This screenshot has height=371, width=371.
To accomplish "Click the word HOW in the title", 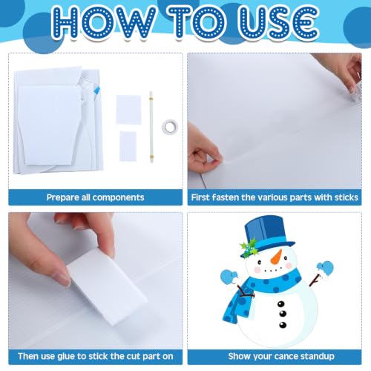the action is (103, 22).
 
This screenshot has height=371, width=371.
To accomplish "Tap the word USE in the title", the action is (279, 22).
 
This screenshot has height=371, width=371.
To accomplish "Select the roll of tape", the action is (170, 127).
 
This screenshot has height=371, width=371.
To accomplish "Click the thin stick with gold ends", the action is (151, 127).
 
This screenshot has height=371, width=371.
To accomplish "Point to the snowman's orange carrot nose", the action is (277, 257).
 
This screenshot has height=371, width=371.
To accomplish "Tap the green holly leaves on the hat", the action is (249, 247).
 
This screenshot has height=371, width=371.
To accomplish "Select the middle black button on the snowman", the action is (283, 314).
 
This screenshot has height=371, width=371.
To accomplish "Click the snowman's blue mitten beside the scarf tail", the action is (229, 277).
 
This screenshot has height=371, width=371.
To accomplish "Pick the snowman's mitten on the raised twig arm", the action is (325, 269).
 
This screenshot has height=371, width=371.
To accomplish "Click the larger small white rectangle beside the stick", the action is (128, 110).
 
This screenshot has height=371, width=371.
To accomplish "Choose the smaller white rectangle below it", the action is (128, 146).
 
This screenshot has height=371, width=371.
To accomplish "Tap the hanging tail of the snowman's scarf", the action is (237, 306).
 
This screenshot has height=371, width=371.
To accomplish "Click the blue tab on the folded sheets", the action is (97, 91).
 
